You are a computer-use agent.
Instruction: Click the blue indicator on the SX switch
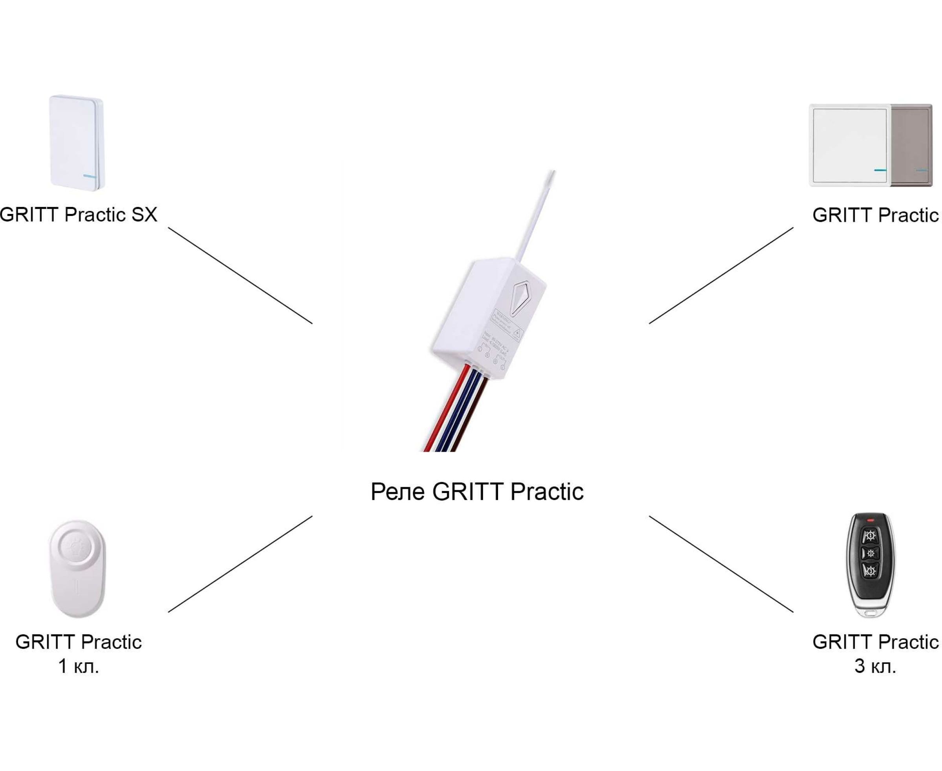tap(89, 177)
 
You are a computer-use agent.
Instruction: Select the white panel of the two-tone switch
tap(849, 146)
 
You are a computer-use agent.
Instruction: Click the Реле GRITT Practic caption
tap(476, 491)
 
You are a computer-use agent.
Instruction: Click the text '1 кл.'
tap(78, 666)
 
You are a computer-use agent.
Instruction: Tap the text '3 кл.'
tap(875, 666)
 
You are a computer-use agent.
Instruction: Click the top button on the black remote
tap(870, 535)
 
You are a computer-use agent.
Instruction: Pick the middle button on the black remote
tap(871, 553)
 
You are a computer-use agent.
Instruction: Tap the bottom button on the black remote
tap(871, 570)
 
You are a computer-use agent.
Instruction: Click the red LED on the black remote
tap(870, 520)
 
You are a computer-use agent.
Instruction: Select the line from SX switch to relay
tap(240, 275)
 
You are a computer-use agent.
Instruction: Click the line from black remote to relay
tap(721, 564)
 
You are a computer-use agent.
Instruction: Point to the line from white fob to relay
tap(240, 564)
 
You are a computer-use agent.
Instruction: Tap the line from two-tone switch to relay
tap(721, 275)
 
